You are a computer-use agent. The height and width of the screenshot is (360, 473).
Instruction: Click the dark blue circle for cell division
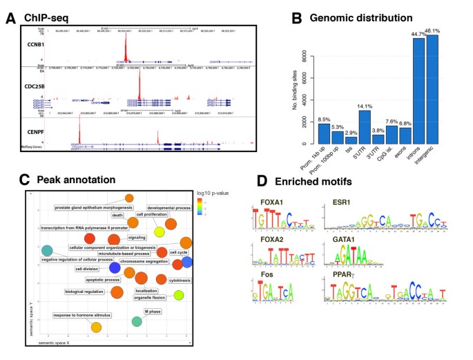tap(114, 267)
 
